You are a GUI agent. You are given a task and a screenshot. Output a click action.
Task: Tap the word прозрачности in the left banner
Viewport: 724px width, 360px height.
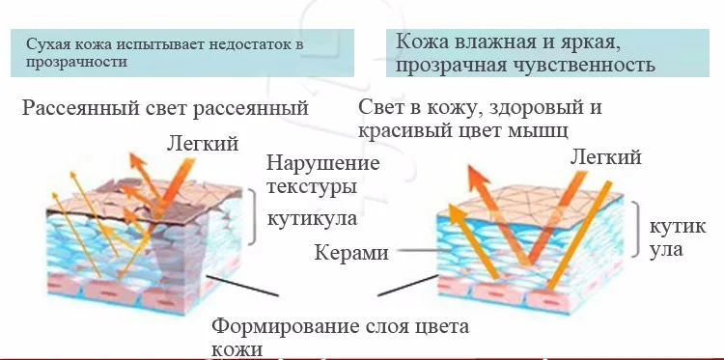[x=76, y=63]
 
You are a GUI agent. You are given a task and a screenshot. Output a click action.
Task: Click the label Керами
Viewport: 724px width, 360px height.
[x=351, y=253]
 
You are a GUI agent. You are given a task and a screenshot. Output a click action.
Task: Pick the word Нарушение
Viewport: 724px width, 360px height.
[x=323, y=163]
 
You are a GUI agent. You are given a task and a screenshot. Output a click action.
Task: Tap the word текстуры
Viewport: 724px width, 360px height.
[x=312, y=188]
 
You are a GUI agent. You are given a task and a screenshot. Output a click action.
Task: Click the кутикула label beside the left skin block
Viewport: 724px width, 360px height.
[x=312, y=218]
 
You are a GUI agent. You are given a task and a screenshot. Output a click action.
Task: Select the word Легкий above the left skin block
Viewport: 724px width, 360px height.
[x=203, y=144]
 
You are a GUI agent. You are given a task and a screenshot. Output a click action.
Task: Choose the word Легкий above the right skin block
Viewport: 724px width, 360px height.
[x=606, y=157]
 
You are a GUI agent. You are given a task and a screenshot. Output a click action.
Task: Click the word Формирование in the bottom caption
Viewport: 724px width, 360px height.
[x=286, y=327]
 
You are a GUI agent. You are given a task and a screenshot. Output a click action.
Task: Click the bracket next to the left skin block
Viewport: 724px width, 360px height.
[x=253, y=216]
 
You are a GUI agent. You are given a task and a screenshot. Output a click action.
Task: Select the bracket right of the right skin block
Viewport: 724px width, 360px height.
[x=637, y=230]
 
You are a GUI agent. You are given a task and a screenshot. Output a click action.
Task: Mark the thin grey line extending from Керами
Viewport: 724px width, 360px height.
[x=424, y=251]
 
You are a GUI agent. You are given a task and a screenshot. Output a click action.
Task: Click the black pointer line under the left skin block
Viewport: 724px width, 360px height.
[x=242, y=286]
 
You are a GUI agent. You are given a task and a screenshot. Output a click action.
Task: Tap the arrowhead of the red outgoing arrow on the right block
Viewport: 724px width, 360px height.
[x=475, y=176]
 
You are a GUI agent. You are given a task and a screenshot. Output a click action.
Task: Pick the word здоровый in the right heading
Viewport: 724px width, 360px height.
[x=523, y=108]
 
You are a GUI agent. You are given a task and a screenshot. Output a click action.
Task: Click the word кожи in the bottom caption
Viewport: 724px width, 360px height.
[x=237, y=349]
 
